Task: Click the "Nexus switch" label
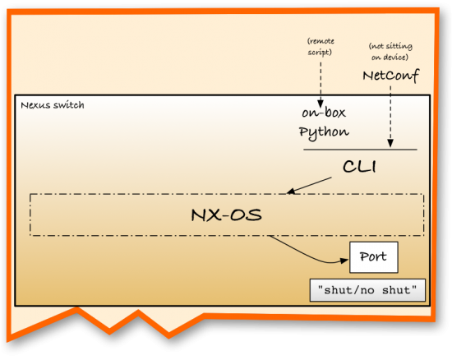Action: click(52, 105)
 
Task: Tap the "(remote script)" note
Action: click(321, 45)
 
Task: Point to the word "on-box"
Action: click(323, 115)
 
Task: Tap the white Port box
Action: click(374, 257)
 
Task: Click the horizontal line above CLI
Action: click(360, 150)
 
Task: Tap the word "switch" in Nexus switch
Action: click(67, 105)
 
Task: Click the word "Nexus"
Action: click(36, 105)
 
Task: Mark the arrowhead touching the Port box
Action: click(344, 261)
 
